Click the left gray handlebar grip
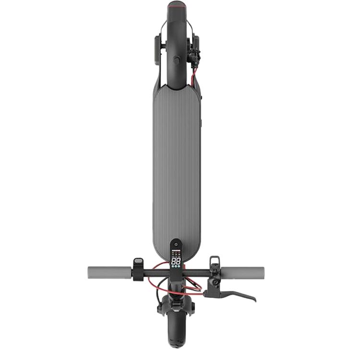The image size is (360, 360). tap(108, 271)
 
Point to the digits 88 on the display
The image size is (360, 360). tap(176, 262)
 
